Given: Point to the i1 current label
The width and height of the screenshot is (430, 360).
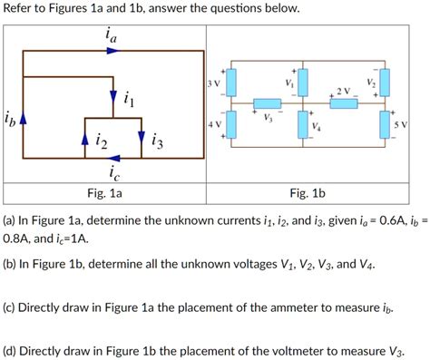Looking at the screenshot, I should tap(129, 100).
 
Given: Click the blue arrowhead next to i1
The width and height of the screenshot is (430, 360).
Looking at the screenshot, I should tap(113, 96).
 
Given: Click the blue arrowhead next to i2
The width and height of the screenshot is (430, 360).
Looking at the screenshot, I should tap(84, 139).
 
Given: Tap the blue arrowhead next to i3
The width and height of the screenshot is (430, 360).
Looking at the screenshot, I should tap(142, 138).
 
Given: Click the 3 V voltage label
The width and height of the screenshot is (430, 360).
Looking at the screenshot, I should tap(215, 84).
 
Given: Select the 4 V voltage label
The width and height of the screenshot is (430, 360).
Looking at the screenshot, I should tap(215, 124).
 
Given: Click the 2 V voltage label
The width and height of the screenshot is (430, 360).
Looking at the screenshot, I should tap(341, 91).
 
